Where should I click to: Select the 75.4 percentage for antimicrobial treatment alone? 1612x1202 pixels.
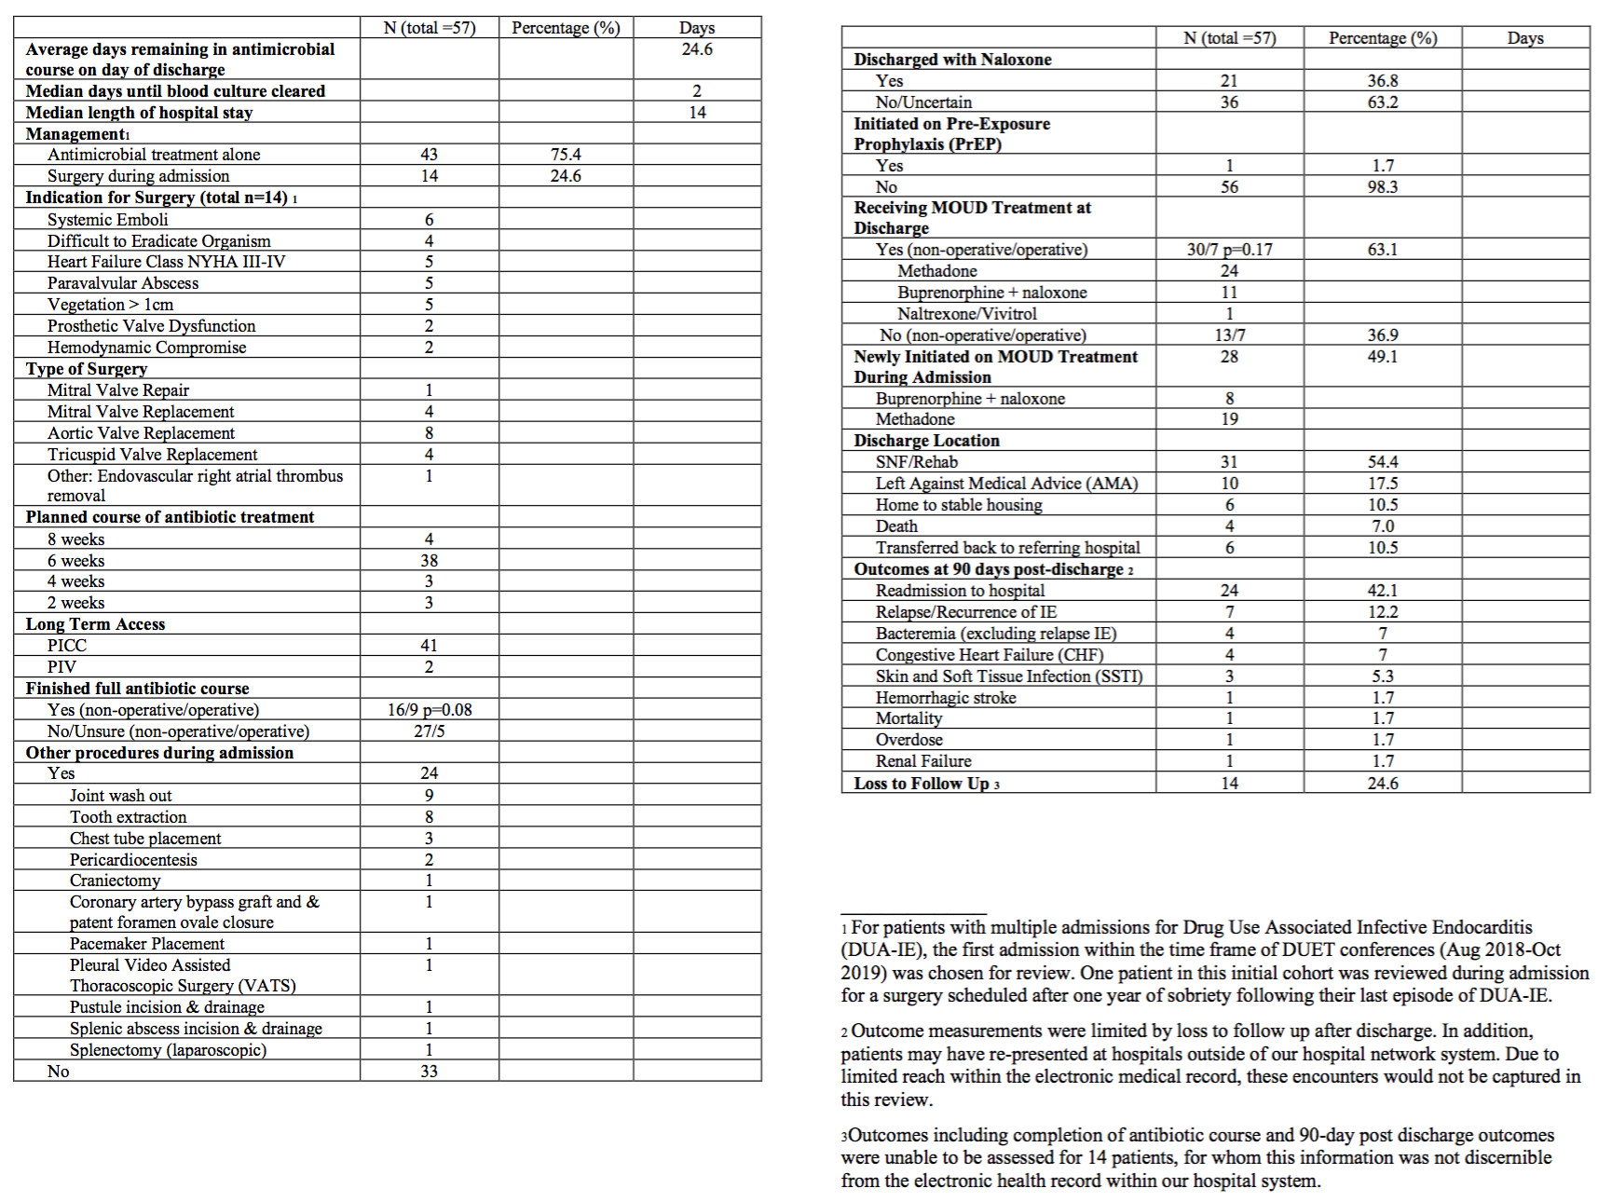566,155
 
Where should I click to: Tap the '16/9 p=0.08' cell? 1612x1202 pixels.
430,710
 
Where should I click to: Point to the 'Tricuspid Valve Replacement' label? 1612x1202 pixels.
153,455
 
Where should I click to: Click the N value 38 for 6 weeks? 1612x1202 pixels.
429,561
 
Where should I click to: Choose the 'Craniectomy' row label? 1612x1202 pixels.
115,881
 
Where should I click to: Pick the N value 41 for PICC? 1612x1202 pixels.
429,646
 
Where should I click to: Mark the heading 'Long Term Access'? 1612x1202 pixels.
95,624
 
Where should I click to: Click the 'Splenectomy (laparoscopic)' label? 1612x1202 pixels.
168,1050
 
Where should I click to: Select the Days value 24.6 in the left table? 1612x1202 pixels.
697,49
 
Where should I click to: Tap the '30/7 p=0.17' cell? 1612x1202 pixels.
1229,250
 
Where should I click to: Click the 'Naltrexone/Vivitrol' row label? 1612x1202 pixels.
966,314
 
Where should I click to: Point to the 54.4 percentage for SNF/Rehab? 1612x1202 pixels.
1382,462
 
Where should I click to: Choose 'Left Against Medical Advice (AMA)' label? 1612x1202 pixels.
1006,484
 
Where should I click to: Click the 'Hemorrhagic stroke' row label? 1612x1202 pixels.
946,698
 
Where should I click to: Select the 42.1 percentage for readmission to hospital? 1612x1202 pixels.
1382,591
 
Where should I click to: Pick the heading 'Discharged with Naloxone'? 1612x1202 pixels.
952,60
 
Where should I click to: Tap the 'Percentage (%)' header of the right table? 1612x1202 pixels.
1383,38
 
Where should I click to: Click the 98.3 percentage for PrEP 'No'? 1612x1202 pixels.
1382,187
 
